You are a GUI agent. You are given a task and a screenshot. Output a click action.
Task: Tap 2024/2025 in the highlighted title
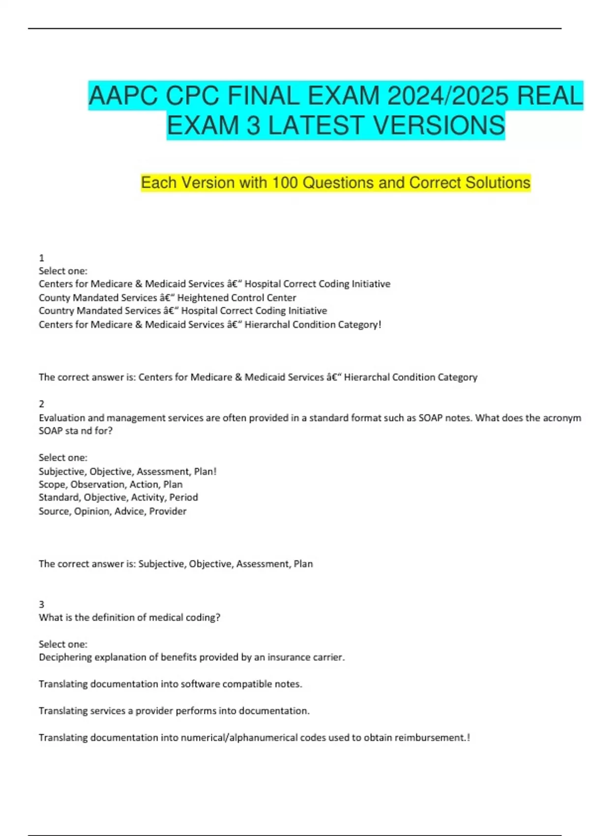coord(447,95)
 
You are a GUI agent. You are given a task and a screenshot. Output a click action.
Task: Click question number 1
coord(42,258)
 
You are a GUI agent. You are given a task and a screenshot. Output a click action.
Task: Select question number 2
coord(42,404)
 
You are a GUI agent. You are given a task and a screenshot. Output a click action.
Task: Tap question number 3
coord(42,604)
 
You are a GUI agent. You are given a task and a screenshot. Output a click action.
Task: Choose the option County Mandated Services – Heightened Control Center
coord(167,298)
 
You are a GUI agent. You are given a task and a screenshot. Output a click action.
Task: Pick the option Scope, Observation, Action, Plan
coord(111,484)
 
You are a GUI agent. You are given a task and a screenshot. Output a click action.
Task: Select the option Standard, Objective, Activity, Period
coord(118,497)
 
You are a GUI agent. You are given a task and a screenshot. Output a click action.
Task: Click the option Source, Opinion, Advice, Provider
coord(113,511)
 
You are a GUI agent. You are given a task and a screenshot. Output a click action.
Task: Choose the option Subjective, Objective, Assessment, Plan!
coord(128,471)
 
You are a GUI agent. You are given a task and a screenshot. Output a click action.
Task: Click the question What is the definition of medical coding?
coord(129,617)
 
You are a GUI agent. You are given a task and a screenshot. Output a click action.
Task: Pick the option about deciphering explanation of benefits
coord(192,657)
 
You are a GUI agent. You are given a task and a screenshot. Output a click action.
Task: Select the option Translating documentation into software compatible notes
coord(170,684)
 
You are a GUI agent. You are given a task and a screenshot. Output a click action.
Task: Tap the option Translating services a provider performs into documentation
coord(174,711)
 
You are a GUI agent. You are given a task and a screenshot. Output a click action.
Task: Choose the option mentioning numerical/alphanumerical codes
coord(254,738)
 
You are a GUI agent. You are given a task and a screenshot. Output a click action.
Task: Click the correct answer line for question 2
coord(176,564)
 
